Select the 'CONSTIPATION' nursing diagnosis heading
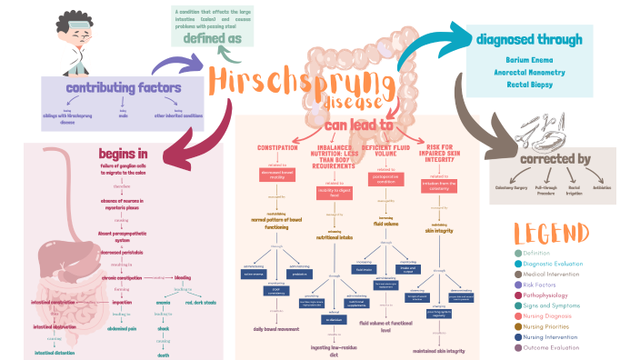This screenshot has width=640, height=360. point(278,148)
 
